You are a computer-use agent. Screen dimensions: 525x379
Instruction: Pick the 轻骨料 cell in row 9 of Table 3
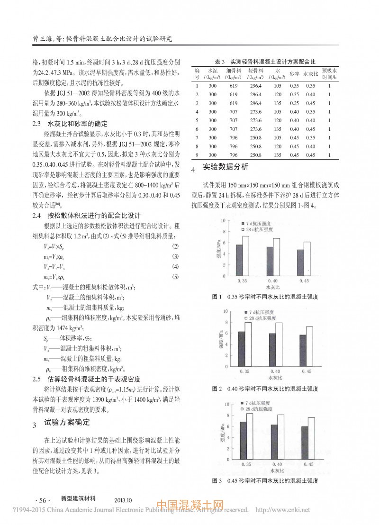pos(255,154)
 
